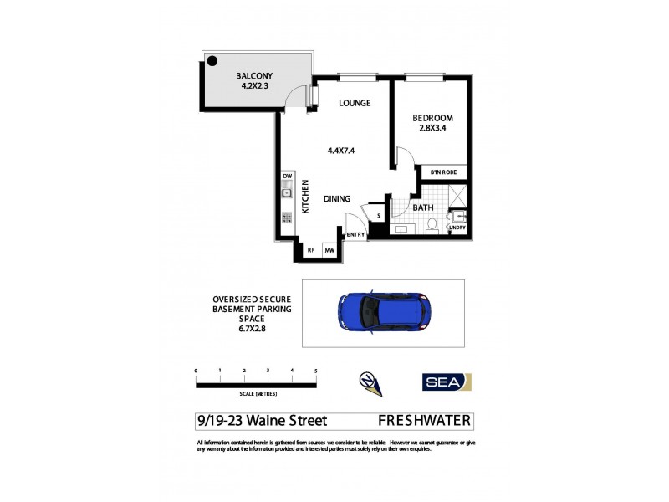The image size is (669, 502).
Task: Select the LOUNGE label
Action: click(354, 104)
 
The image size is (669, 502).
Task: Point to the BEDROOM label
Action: click(432, 118)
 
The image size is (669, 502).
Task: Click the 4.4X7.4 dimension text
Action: click(342, 151)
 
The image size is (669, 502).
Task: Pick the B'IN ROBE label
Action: click(442, 172)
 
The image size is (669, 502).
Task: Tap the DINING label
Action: click(337, 198)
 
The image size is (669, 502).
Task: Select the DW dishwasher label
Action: click(287, 177)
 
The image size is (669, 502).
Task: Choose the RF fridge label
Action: click(310, 249)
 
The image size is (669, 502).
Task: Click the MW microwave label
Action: click(330, 249)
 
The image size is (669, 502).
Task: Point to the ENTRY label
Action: click(355, 234)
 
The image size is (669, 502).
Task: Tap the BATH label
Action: click(422, 206)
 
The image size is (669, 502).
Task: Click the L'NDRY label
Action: click(457, 228)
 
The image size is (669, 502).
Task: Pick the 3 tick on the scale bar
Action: click(268, 370)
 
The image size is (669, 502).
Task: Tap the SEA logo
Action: click(446, 382)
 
